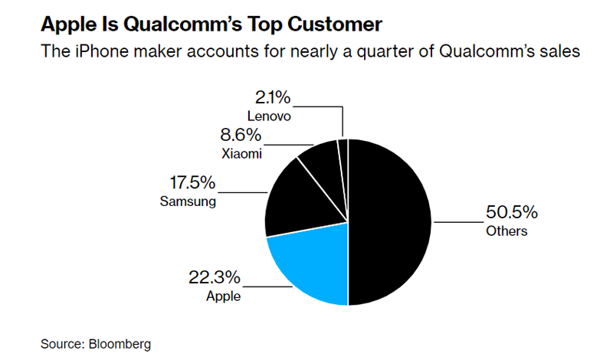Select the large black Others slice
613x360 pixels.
pos(391,222)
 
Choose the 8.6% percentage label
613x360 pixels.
pos(241,136)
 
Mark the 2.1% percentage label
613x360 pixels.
pos(272,98)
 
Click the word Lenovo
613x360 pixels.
pos(270,116)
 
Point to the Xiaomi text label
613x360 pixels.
pos(242,154)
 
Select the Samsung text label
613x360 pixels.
pos(188,202)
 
